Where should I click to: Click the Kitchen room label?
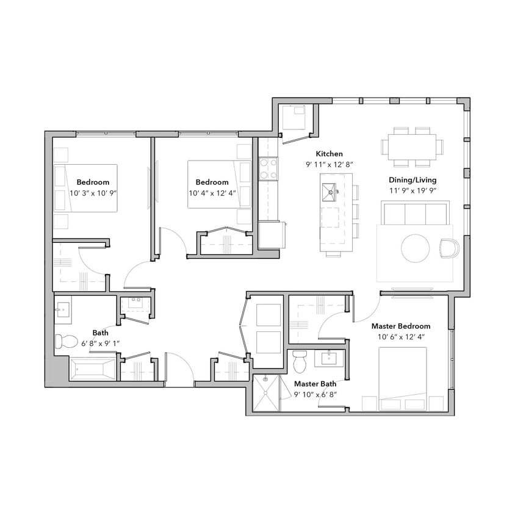(329, 154)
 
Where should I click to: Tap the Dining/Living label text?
(412, 180)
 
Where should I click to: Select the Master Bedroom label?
(401, 326)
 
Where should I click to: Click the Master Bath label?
(315, 384)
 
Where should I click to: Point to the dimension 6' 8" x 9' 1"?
(101, 343)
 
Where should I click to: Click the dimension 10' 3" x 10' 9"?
(93, 193)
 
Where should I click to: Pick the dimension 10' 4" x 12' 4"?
(212, 193)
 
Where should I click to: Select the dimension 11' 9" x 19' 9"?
(412, 191)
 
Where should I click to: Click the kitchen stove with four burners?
(268, 168)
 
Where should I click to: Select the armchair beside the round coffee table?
(448, 248)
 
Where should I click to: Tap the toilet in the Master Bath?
(300, 362)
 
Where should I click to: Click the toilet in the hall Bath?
(64, 340)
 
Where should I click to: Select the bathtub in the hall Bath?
(92, 370)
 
